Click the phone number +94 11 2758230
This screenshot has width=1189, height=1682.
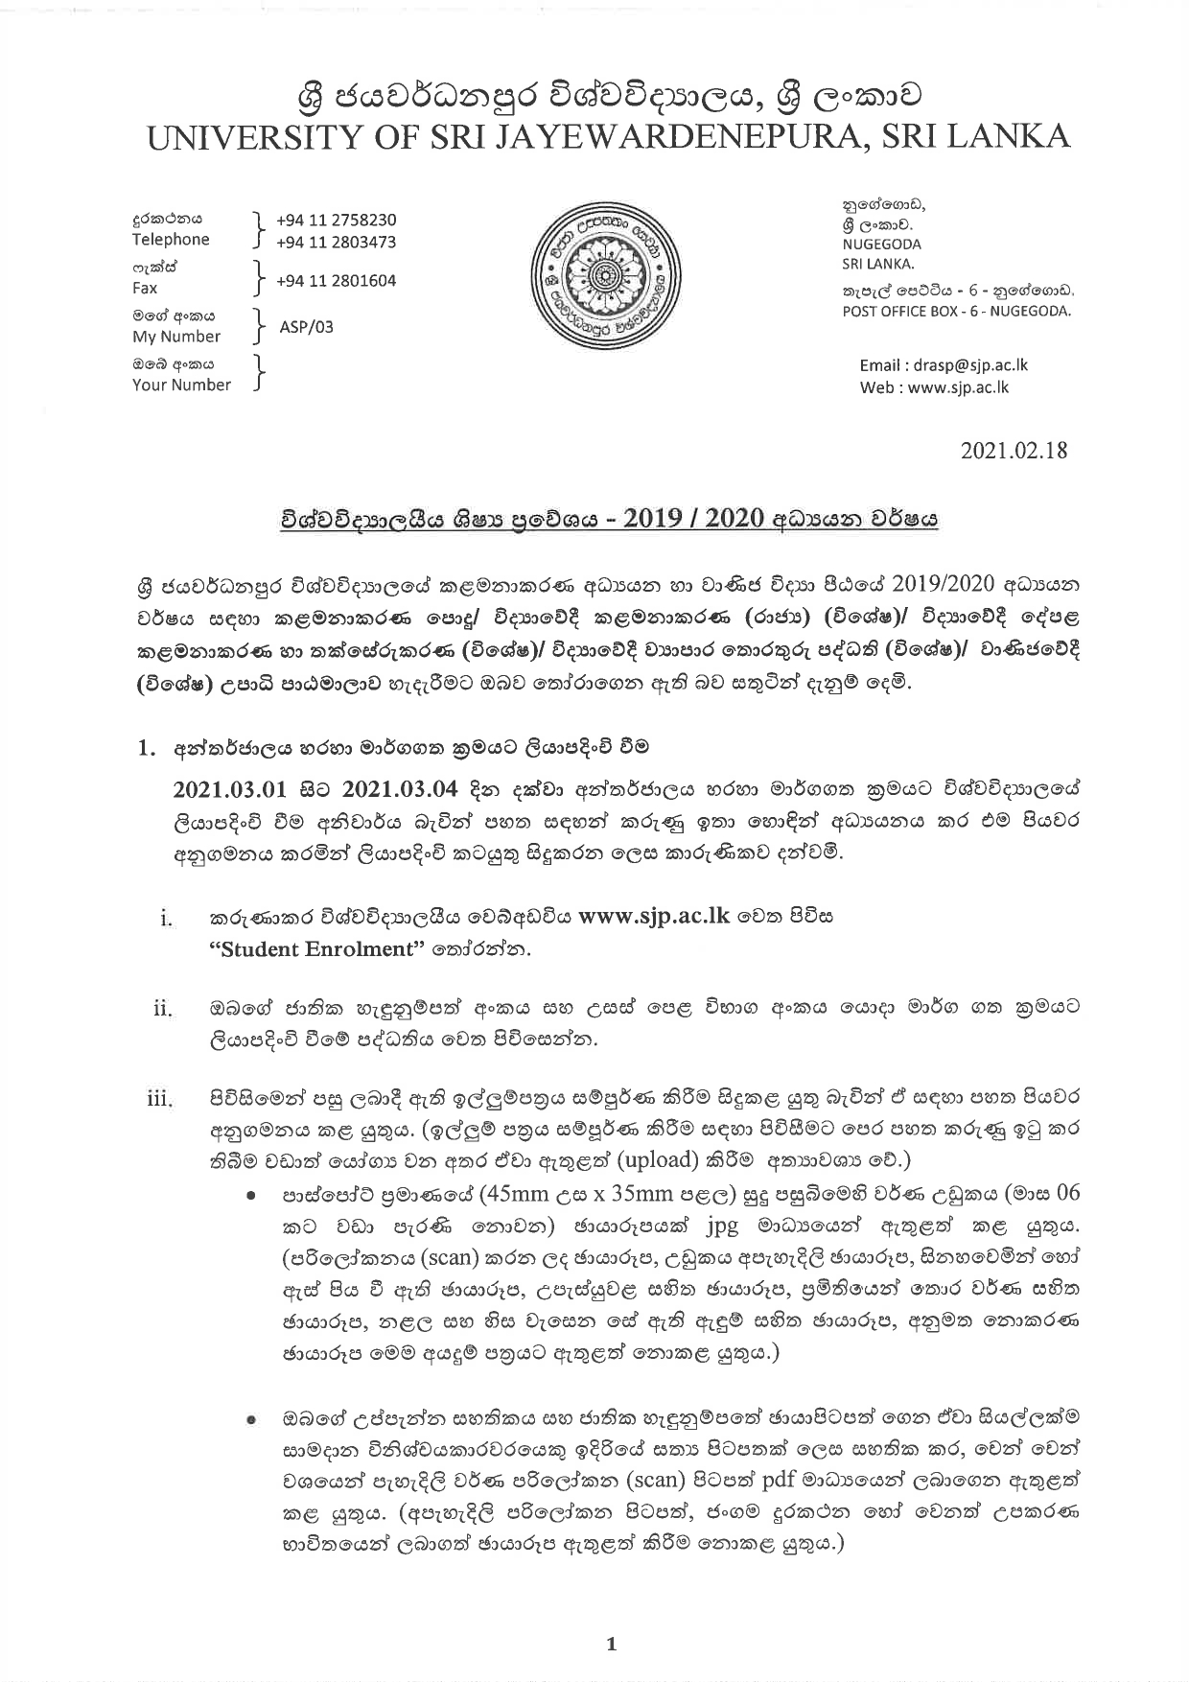pos(336,220)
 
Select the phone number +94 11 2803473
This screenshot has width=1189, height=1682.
pos(336,243)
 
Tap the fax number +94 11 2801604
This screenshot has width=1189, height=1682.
pos(336,281)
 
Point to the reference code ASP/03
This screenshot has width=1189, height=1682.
pos(307,326)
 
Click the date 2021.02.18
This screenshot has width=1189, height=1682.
pos(1014,450)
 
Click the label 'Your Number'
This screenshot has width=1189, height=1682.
pos(181,385)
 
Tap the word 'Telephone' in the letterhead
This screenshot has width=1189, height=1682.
pos(171,240)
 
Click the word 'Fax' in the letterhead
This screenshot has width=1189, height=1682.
pos(145,288)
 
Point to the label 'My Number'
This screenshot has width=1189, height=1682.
pos(176,337)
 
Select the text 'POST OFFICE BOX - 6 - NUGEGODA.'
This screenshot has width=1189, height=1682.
pos(956,311)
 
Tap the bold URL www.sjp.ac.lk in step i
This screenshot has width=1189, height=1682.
pos(655,916)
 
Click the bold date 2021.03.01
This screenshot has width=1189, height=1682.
pos(230,789)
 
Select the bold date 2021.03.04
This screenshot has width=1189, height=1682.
pos(399,789)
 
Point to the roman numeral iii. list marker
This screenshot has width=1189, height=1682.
pos(158,1099)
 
